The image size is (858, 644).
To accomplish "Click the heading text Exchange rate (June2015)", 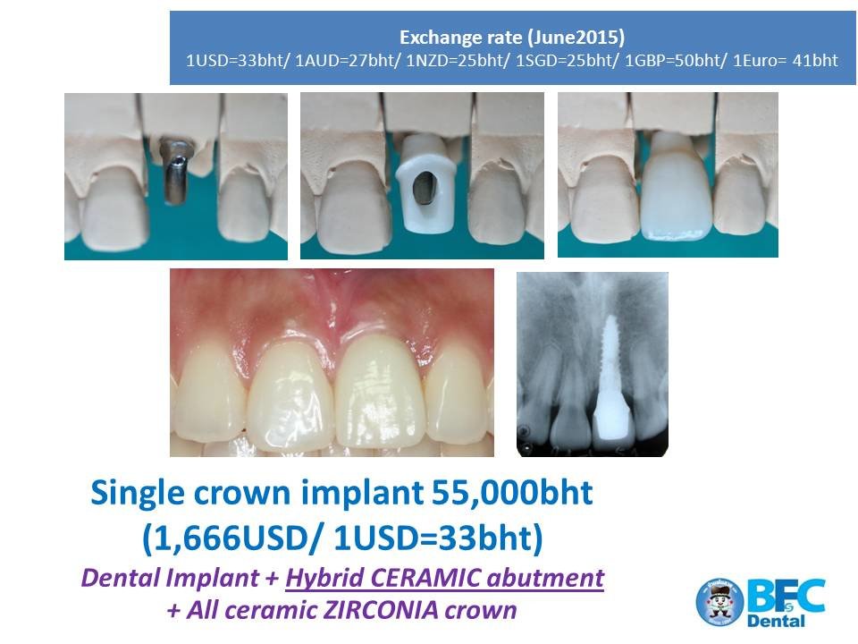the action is click(x=512, y=38).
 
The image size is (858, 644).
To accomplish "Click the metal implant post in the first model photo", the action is click(x=174, y=171).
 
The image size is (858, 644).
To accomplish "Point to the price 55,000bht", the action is click(x=512, y=492).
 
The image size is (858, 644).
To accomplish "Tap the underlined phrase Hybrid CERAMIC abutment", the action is click(x=444, y=578).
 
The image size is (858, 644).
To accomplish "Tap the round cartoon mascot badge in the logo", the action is click(x=719, y=602).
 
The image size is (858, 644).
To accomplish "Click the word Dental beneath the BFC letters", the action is click(x=776, y=621).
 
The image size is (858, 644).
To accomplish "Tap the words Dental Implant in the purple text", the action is click(x=170, y=578).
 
